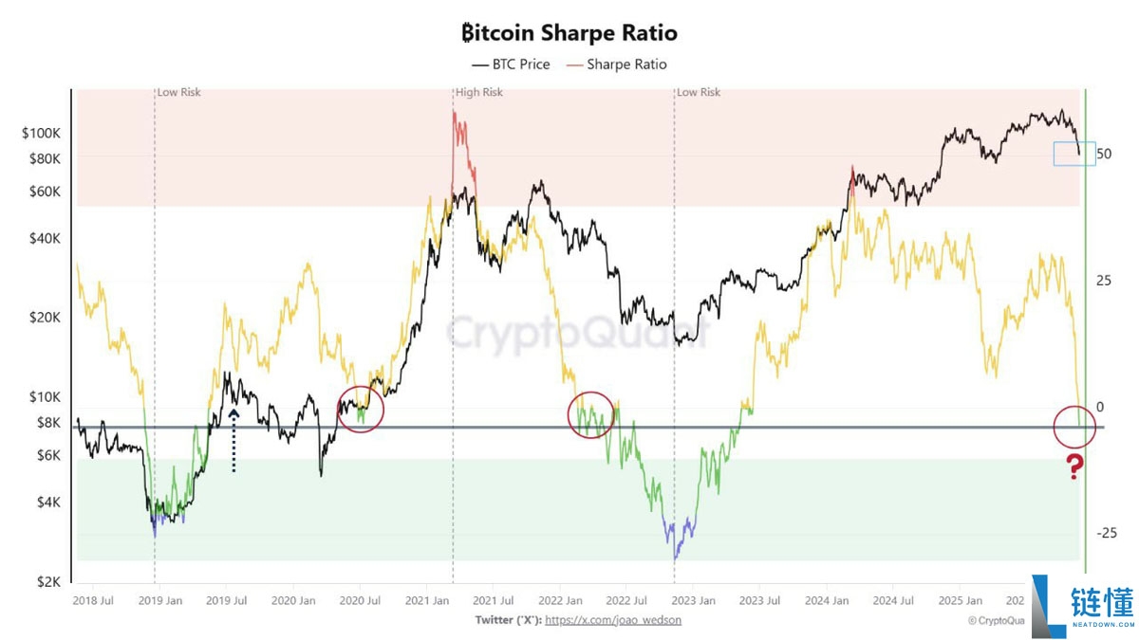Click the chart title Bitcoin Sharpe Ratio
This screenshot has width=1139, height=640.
coord(569,33)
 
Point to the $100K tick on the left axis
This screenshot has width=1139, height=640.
coord(42,134)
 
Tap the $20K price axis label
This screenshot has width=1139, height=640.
coord(45,317)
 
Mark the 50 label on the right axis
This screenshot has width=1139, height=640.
coord(1103,154)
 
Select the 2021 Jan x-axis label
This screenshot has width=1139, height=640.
coord(426,600)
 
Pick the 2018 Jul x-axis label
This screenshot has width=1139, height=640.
coord(95,600)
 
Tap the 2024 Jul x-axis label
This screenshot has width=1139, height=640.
coord(893,600)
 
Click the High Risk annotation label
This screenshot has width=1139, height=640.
coord(479,93)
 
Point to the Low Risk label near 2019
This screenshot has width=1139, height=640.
coord(179,93)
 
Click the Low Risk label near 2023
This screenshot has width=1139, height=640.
coord(699,93)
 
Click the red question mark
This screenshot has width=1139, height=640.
coord(1074,466)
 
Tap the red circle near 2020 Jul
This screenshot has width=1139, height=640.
coord(361,409)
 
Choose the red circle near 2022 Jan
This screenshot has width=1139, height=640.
coord(592,414)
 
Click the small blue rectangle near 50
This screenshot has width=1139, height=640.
coord(1074,154)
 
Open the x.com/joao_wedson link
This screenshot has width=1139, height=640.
coord(613,620)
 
